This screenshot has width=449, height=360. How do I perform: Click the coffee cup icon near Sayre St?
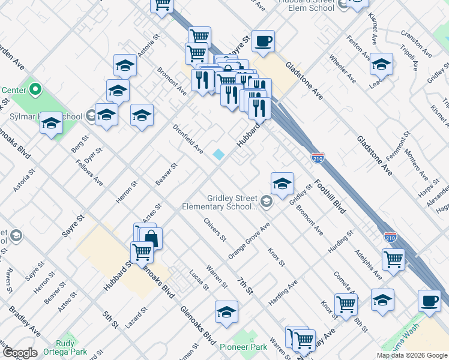263,41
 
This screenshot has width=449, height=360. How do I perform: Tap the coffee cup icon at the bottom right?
429,301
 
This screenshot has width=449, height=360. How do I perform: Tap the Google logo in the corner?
19,353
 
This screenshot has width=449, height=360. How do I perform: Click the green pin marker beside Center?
35,91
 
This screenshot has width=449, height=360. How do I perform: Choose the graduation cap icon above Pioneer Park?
226,312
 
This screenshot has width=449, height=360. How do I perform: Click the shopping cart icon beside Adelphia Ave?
393,259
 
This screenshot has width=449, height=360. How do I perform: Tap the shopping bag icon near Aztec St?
151,238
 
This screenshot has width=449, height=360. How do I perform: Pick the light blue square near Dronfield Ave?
218,154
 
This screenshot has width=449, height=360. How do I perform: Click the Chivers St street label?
214,229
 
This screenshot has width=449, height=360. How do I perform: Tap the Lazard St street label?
136,319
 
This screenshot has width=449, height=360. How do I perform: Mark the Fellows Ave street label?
89,173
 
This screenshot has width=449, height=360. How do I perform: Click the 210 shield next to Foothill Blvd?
318,158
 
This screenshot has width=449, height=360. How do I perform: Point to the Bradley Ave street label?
24,322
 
